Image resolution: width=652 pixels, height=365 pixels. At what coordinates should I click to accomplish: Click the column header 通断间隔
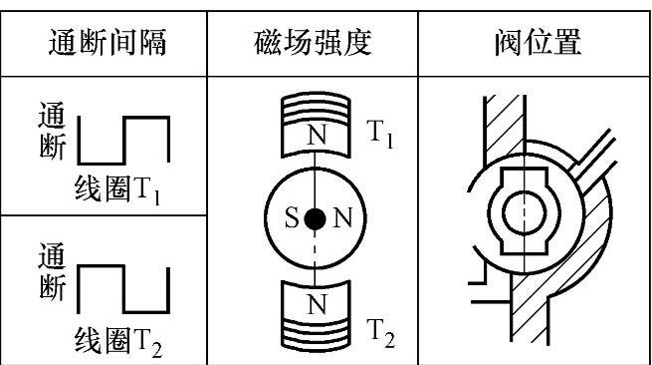click(x=108, y=42)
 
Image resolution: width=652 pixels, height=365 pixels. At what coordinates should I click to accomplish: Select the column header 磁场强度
click(x=313, y=42)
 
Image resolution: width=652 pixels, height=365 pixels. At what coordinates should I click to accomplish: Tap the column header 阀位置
click(x=538, y=42)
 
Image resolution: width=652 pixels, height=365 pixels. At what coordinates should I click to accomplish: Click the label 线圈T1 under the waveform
click(x=117, y=190)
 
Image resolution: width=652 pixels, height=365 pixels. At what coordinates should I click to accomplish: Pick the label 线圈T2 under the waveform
click(x=118, y=342)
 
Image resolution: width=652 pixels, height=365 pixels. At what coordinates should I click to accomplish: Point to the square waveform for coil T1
click(x=123, y=140)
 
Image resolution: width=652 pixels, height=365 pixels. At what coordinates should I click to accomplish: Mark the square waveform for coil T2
click(x=123, y=289)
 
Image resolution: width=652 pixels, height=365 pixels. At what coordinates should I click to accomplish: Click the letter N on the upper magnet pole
click(x=317, y=135)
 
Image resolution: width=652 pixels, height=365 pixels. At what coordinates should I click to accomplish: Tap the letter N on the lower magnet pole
click(x=317, y=304)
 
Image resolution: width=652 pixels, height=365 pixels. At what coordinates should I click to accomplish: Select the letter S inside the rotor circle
click(x=292, y=218)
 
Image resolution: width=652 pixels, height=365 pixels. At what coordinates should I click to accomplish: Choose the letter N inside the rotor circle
click(x=342, y=218)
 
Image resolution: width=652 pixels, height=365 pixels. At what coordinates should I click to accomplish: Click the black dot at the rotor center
click(x=315, y=219)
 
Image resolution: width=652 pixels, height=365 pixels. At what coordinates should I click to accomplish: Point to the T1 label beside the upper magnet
click(x=379, y=134)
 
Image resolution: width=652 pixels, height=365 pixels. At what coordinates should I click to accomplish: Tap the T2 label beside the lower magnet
click(x=380, y=333)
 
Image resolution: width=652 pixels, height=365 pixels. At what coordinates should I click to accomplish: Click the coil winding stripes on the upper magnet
click(x=316, y=109)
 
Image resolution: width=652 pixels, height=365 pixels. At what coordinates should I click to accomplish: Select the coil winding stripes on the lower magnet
click(x=316, y=332)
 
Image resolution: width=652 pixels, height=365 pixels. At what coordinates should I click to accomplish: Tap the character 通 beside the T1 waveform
click(x=52, y=114)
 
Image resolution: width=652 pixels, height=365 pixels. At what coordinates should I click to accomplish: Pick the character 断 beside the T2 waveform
click(x=53, y=286)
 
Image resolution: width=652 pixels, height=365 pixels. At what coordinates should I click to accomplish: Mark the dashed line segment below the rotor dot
click(x=315, y=250)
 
